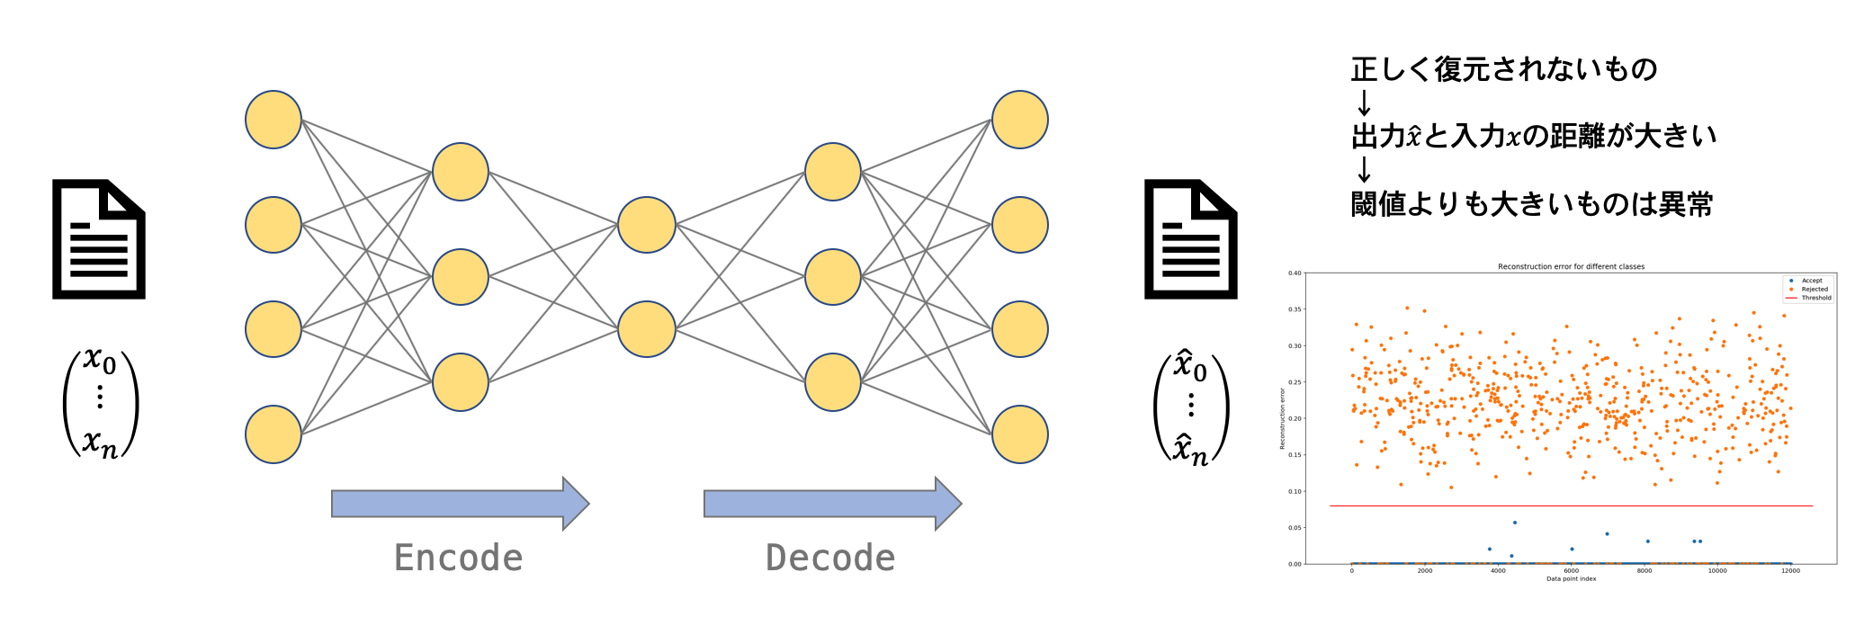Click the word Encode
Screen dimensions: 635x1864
458,558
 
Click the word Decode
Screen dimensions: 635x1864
830,558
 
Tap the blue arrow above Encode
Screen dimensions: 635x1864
460,504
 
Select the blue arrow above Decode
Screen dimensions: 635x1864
832,504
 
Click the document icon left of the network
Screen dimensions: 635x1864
99,239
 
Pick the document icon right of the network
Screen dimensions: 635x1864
1190,239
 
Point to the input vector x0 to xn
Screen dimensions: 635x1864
100,402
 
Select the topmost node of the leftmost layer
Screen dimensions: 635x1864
273,120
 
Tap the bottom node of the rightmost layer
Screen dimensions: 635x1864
1020,434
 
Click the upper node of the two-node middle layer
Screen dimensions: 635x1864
647,225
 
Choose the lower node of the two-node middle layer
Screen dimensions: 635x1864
647,329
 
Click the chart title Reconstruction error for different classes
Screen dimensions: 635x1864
1571,266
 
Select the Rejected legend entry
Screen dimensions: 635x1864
1814,290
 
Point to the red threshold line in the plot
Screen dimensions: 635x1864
1571,505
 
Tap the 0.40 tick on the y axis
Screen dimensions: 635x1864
1295,273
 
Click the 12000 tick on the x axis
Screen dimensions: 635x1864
1790,571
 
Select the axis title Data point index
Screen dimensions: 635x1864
1571,578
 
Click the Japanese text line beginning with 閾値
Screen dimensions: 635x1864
1531,204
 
